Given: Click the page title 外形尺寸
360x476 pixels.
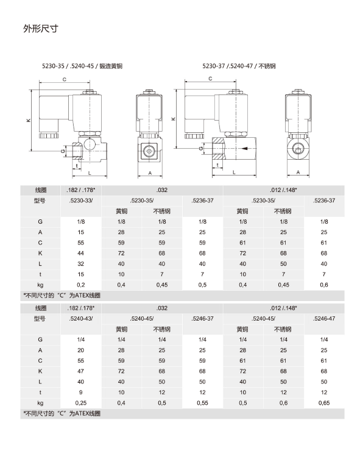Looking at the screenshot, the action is (41, 29).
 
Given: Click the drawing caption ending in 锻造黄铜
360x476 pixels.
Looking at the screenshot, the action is (82, 66).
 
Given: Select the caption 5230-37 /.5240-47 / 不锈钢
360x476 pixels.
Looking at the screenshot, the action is (239, 66).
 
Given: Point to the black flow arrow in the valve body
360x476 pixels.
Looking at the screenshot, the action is (245, 149).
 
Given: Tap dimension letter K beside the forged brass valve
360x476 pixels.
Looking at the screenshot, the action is (29, 121).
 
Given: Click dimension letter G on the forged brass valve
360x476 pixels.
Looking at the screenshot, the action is (63, 151).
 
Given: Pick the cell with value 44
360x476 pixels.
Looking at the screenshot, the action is (80, 253).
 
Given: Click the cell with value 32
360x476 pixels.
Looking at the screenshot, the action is (80, 264).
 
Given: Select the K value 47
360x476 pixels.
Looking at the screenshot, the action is (80, 371).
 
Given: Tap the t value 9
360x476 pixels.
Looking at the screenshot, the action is (80, 393).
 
